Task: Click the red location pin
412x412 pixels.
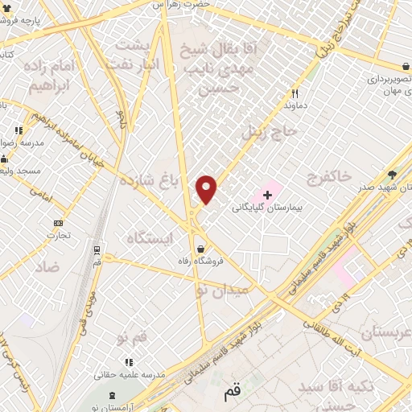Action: [208, 189]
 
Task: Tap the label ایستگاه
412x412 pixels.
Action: [150, 237]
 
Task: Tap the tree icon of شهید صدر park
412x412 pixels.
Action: [393, 173]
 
